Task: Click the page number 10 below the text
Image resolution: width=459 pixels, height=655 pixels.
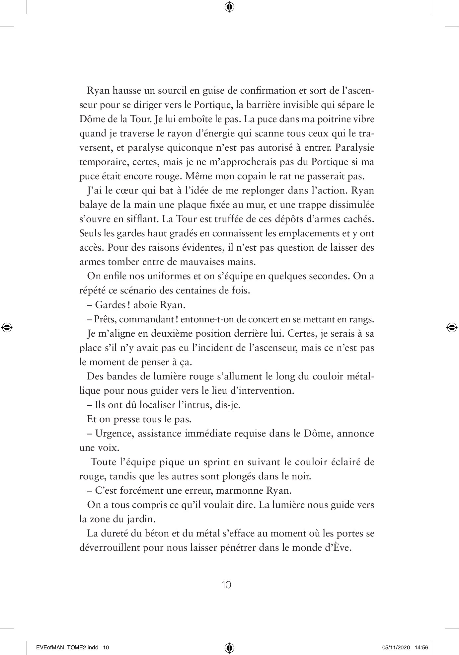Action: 226,585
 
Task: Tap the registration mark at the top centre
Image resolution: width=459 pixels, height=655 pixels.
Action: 229,7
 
